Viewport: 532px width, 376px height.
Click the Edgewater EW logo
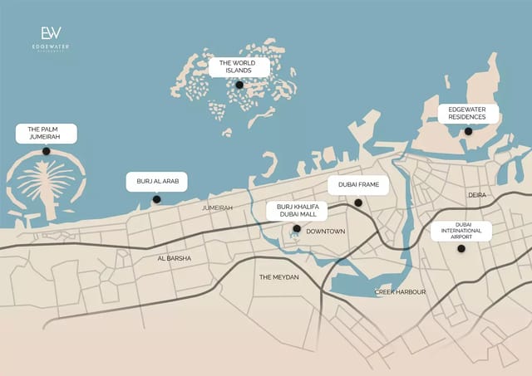(x=50, y=34)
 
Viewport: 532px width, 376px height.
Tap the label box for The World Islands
(x=239, y=66)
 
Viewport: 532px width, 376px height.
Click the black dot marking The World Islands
(x=239, y=85)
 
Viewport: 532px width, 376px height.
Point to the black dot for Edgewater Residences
(x=468, y=131)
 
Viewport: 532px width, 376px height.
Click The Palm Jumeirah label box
(x=46, y=133)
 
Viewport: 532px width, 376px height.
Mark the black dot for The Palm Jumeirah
(x=46, y=151)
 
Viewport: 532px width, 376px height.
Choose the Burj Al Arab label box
(x=157, y=182)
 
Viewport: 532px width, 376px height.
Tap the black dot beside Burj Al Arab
(x=156, y=199)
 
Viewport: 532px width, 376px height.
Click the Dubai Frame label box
(x=358, y=186)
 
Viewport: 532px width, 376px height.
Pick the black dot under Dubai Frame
(x=358, y=203)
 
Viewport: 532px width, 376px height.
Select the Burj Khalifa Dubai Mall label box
(x=297, y=210)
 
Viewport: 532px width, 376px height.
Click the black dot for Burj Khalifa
(x=297, y=228)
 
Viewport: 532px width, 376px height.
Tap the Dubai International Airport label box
(x=461, y=231)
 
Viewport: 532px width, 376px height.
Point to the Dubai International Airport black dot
(x=461, y=248)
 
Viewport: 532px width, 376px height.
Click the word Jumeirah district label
(x=217, y=208)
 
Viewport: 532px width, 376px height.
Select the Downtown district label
(x=325, y=232)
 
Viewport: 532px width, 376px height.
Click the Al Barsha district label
(x=175, y=258)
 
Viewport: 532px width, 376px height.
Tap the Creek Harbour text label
(x=400, y=292)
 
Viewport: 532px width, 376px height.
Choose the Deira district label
(x=476, y=196)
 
